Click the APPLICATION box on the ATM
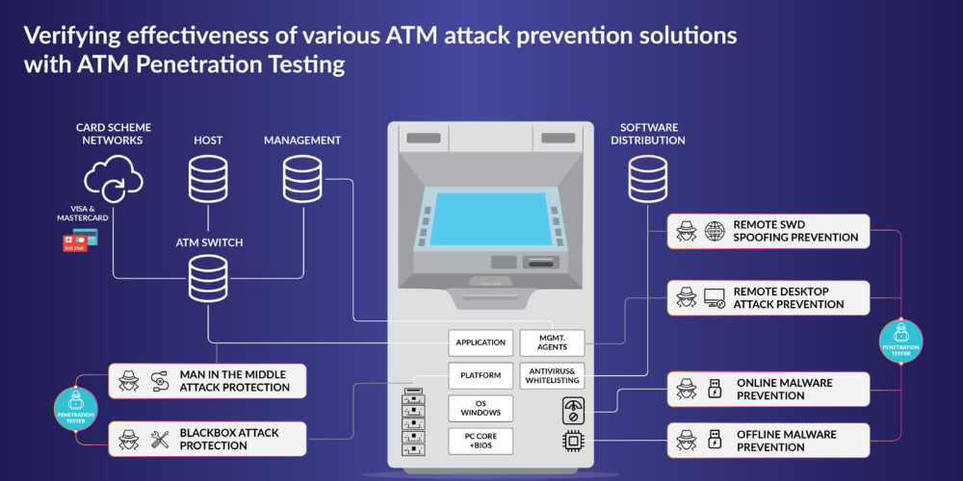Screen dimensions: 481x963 tap(481, 342)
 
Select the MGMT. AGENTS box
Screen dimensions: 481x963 tap(552, 342)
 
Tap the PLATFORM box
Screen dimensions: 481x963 tap(481, 375)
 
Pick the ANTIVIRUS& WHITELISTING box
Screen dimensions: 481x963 tap(552, 375)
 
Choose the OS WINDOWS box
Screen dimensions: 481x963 tap(481, 408)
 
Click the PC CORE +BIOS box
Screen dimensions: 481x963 tap(481, 442)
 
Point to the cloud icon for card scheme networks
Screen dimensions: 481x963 tap(113, 180)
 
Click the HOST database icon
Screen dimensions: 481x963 tap(208, 179)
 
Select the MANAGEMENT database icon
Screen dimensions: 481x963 tap(302, 179)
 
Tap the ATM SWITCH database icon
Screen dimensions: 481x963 tap(208, 278)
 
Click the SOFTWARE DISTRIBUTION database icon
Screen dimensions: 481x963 tap(648, 179)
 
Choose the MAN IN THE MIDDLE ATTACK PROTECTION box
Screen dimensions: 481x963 tap(207, 381)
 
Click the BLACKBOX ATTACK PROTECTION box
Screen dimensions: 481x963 tap(207, 439)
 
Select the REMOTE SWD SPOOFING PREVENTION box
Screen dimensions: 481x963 tap(768, 231)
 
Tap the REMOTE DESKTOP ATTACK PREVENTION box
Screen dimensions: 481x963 tap(768, 298)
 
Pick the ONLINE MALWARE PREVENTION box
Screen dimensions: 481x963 tap(768, 389)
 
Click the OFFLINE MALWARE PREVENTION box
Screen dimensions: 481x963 tap(768, 441)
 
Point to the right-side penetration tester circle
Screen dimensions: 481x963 tap(901, 341)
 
